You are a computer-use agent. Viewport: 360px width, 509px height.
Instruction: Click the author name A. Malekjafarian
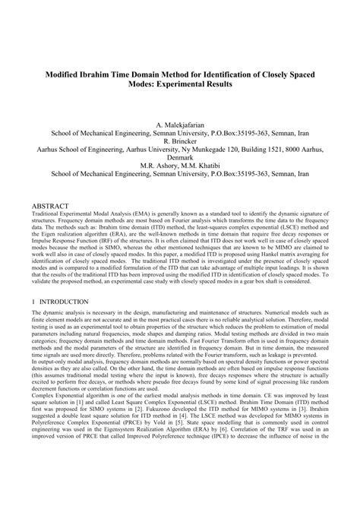[180, 124]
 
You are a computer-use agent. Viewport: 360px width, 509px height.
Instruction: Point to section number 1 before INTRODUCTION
[33, 302]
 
